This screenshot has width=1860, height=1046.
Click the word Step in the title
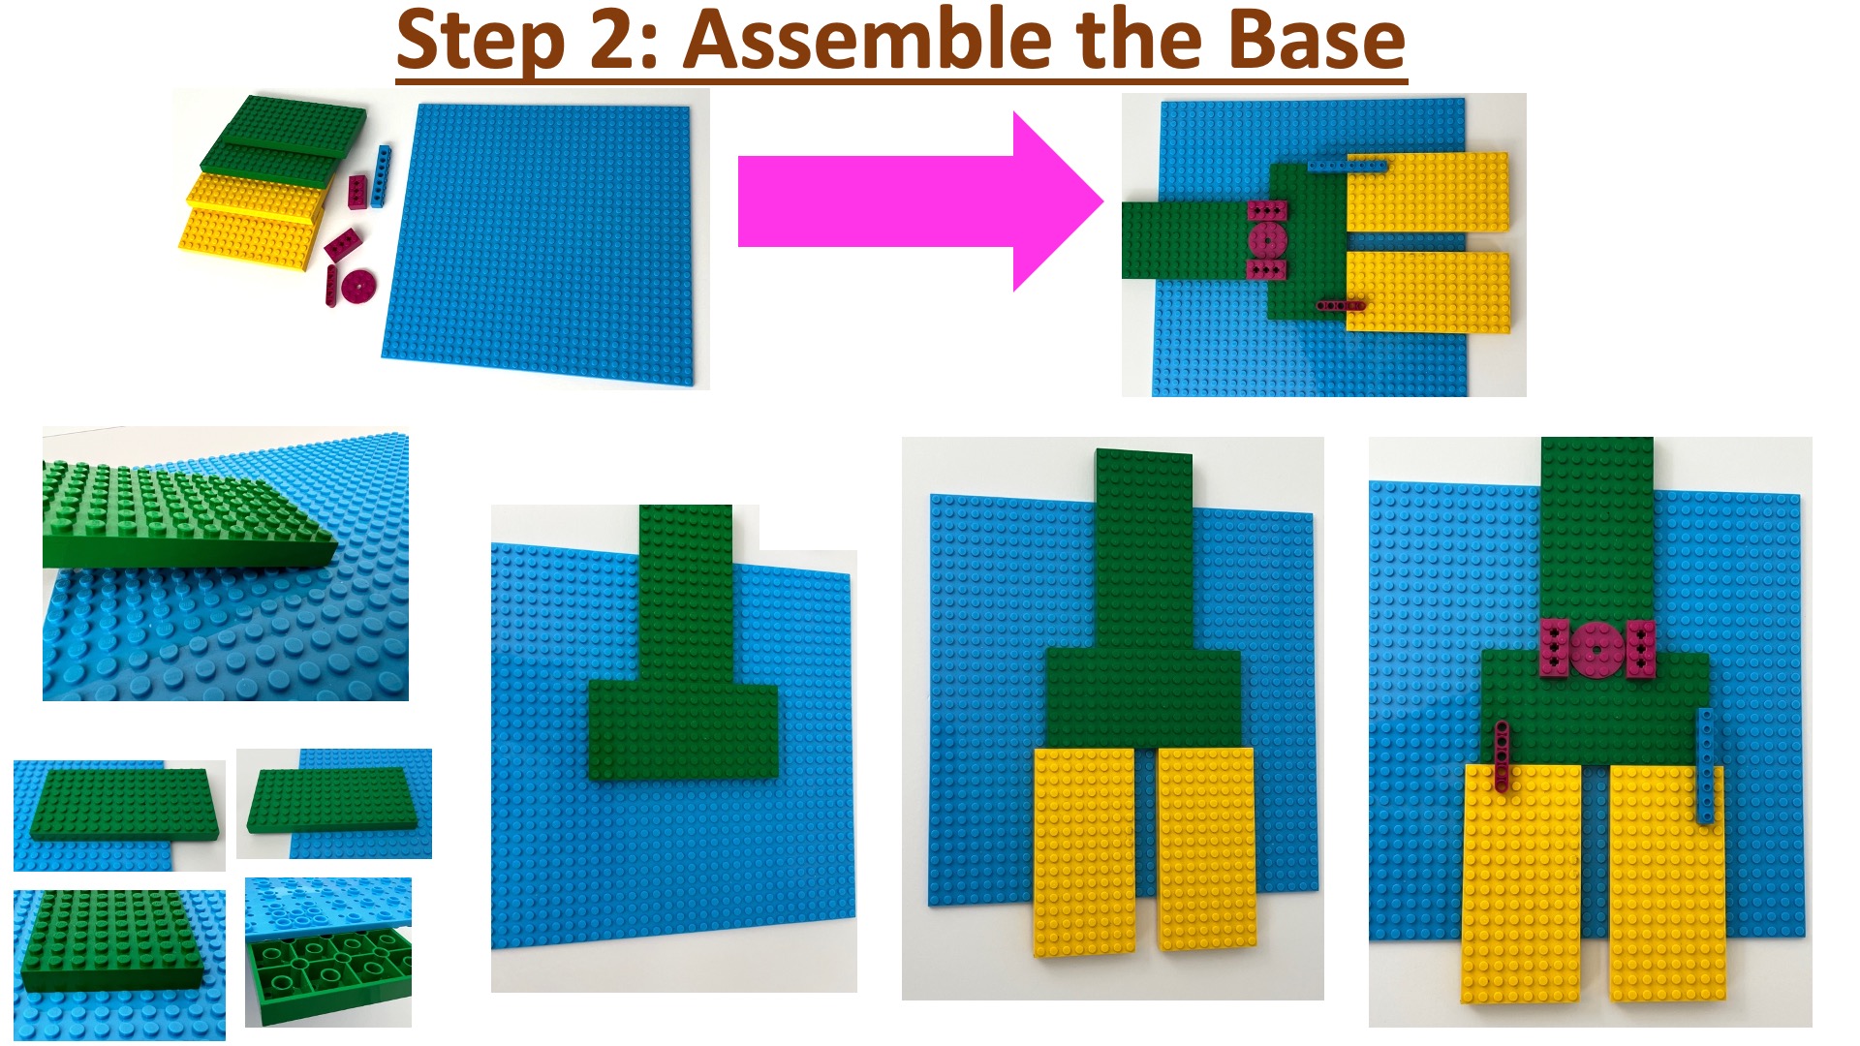480,42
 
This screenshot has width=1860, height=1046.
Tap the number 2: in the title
625,41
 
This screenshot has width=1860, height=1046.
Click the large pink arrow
920,201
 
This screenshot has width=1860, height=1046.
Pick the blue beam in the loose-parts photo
382,176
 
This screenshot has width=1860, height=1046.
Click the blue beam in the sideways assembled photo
1347,167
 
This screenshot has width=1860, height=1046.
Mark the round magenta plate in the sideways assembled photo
1265,239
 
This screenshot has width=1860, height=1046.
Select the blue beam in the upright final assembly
1706,766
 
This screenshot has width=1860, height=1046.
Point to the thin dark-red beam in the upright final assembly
1502,756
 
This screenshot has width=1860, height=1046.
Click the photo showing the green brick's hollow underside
328,952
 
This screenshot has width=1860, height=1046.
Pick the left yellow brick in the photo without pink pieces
1084,851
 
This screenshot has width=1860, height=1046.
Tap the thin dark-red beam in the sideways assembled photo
1341,305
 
